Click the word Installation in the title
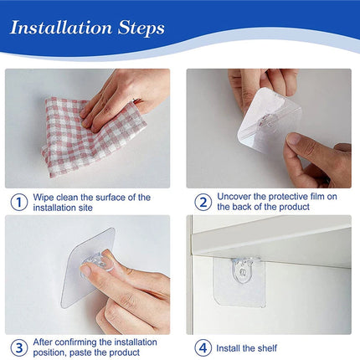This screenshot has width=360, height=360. point(61,28)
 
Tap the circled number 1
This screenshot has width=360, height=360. point(19,202)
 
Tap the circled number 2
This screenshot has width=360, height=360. point(203,202)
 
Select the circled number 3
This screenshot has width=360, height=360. point(19,347)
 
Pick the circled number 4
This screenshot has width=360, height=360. point(203,347)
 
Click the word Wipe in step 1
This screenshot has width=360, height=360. point(44,198)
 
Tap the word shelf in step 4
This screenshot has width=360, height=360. point(268,348)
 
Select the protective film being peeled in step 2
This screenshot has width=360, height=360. point(270,120)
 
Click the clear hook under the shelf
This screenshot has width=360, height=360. point(243,270)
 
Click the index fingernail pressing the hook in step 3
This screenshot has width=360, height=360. point(85,270)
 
